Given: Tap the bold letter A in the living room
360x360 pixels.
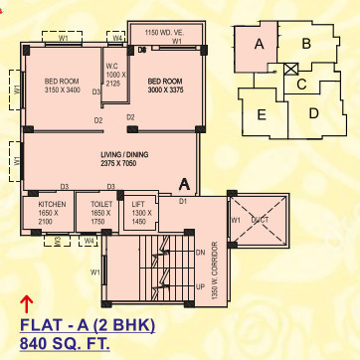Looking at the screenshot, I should (185, 183).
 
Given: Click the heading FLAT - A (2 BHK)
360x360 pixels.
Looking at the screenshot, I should (86, 325).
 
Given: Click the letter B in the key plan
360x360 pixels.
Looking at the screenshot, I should (307, 43).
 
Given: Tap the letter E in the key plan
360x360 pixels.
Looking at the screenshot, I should (262, 115).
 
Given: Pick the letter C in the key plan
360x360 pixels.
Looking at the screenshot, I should (300, 84).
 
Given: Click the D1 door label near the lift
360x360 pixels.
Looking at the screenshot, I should (183, 202).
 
